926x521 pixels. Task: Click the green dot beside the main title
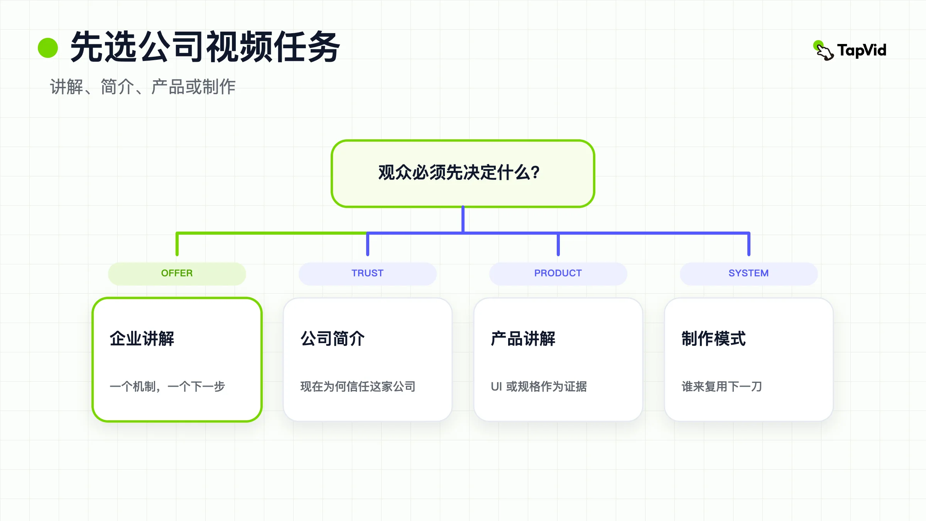48,48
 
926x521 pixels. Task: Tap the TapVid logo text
862,51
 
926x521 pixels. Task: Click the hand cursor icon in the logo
824,51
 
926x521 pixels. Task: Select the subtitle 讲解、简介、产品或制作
143,86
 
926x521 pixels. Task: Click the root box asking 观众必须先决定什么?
463,174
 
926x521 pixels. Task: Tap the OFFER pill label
177,273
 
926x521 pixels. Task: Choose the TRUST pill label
367,273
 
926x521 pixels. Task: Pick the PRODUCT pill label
558,273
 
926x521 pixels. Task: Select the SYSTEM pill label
749,273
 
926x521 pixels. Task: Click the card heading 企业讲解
142,338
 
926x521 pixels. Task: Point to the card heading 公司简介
333,338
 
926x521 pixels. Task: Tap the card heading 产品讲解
523,338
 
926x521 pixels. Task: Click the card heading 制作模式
714,338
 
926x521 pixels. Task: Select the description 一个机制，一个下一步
167,386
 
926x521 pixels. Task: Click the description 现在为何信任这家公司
358,386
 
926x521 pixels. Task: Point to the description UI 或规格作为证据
539,386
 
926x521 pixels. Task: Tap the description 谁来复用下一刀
722,386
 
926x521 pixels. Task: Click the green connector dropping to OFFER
177,244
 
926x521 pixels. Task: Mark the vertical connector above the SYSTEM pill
749,244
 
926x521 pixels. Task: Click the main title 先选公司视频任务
205,47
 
